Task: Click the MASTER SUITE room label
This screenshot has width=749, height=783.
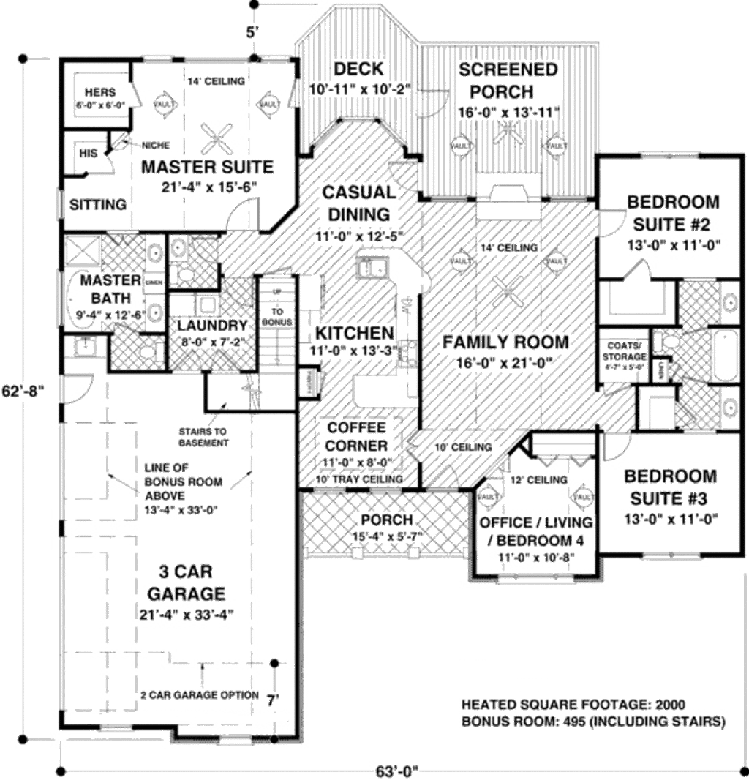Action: click(x=207, y=167)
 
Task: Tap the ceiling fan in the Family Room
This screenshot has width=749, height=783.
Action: click(x=506, y=293)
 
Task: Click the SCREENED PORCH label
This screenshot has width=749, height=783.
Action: click(x=508, y=80)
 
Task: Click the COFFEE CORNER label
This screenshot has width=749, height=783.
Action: click(x=357, y=435)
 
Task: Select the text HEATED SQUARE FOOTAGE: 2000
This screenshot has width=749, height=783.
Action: click(x=573, y=705)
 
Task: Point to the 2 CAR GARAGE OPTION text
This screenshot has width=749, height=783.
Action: click(x=200, y=694)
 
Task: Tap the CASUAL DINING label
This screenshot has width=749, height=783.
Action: click(x=358, y=203)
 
